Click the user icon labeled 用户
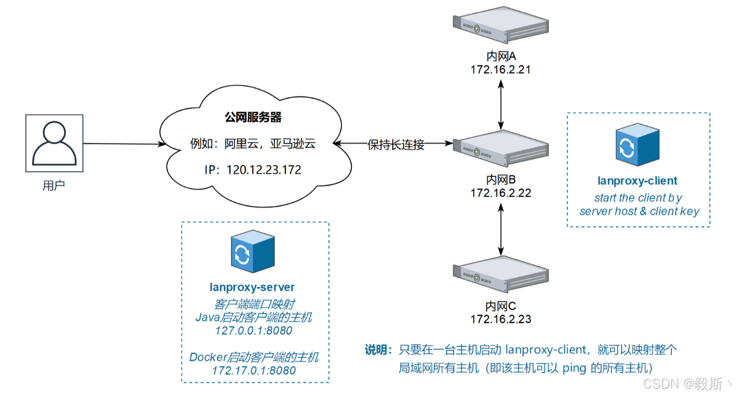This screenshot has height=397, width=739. [54, 143]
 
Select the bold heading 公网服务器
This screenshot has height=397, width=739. [253, 117]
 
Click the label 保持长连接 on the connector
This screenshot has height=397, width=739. [396, 145]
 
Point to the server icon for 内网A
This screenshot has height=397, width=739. [501, 24]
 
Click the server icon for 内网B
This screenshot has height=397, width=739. [501, 148]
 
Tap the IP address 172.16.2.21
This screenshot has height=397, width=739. [501, 69]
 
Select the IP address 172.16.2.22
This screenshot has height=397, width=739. [501, 193]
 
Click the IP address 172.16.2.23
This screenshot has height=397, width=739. [501, 319]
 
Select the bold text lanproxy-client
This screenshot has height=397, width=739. [637, 181]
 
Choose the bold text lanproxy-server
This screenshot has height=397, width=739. [252, 287]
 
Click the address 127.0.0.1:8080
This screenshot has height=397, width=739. [254, 331]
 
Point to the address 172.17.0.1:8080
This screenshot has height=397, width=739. [254, 370]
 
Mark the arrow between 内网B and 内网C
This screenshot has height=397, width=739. [501, 229]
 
